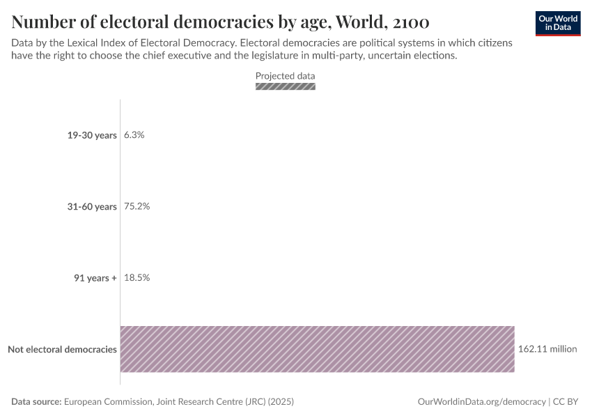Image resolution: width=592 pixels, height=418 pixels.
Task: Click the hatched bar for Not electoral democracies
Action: pos(318,349)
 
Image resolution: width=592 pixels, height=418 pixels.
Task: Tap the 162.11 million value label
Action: pos(547,349)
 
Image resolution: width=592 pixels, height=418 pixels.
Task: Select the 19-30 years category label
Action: pos(92,135)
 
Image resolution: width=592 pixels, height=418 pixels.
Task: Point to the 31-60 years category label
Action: pos(92,207)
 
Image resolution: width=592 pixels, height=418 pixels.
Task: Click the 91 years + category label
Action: pos(95,278)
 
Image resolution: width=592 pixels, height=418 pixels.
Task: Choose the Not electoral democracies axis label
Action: pos(62,349)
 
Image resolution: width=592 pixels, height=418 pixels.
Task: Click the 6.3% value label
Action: pos(134,135)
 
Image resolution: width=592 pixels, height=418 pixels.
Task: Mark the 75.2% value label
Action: pos(137,207)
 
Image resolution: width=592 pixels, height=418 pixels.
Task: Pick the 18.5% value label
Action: pos(137,278)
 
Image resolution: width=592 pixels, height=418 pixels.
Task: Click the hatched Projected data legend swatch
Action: pos(286,86)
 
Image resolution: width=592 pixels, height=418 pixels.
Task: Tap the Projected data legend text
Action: pos(286,76)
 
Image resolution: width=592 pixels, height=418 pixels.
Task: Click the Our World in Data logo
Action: pos(558,23)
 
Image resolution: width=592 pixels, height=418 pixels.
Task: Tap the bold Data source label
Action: pos(36,402)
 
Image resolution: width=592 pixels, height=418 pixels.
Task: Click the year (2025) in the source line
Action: pos(280,402)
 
